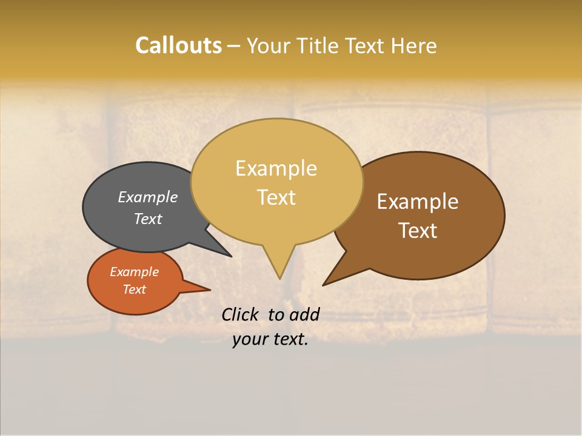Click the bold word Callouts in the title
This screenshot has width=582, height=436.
click(x=178, y=45)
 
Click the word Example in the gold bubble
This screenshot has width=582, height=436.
click(x=276, y=168)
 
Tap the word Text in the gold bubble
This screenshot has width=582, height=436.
click(x=276, y=197)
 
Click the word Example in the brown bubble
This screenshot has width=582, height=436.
click(x=418, y=202)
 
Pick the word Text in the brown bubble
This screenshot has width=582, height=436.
click(x=418, y=231)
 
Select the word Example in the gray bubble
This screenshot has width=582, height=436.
click(x=147, y=197)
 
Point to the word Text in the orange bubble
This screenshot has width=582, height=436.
click(x=134, y=289)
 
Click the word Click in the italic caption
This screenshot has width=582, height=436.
click(x=241, y=314)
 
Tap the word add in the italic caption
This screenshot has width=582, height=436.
click(x=304, y=314)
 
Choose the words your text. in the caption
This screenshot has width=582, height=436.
click(x=270, y=340)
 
